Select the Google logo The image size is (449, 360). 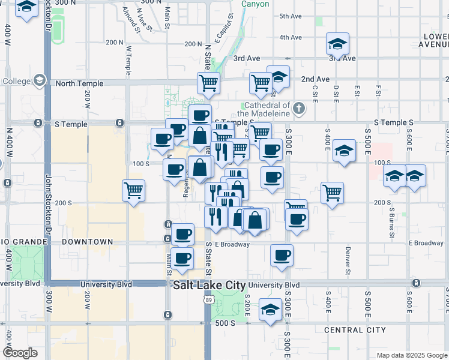[20, 352]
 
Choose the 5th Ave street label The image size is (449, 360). [290, 16]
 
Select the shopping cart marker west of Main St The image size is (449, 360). [133, 191]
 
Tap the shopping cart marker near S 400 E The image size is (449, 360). [332, 193]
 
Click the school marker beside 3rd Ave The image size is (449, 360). [337, 44]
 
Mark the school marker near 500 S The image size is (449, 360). [270, 310]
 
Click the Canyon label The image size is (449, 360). [255, 4]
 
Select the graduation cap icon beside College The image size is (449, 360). [40, 80]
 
